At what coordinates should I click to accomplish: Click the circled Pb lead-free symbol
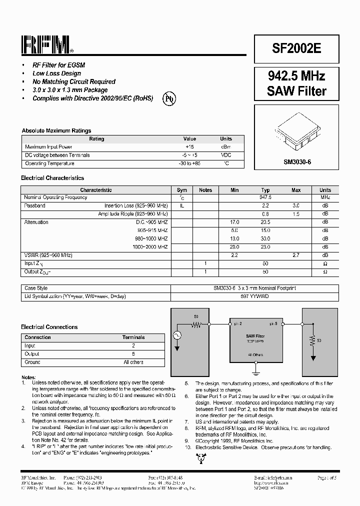[x=169, y=99]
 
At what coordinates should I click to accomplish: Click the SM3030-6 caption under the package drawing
[x=297, y=162]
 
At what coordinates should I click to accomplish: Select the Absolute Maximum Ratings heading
[x=56, y=131]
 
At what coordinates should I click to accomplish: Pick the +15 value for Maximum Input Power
[x=189, y=147]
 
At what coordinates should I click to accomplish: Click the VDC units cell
[x=226, y=155]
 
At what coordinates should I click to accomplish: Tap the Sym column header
[x=182, y=190]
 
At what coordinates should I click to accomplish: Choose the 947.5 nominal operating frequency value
[x=265, y=197]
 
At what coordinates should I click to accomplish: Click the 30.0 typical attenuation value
[x=265, y=238]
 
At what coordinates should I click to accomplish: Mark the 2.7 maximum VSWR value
[x=296, y=255]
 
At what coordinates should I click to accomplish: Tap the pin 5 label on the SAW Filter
[x=273, y=324]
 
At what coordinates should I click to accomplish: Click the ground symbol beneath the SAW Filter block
[x=255, y=372]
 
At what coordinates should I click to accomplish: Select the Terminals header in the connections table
[x=133, y=337]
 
